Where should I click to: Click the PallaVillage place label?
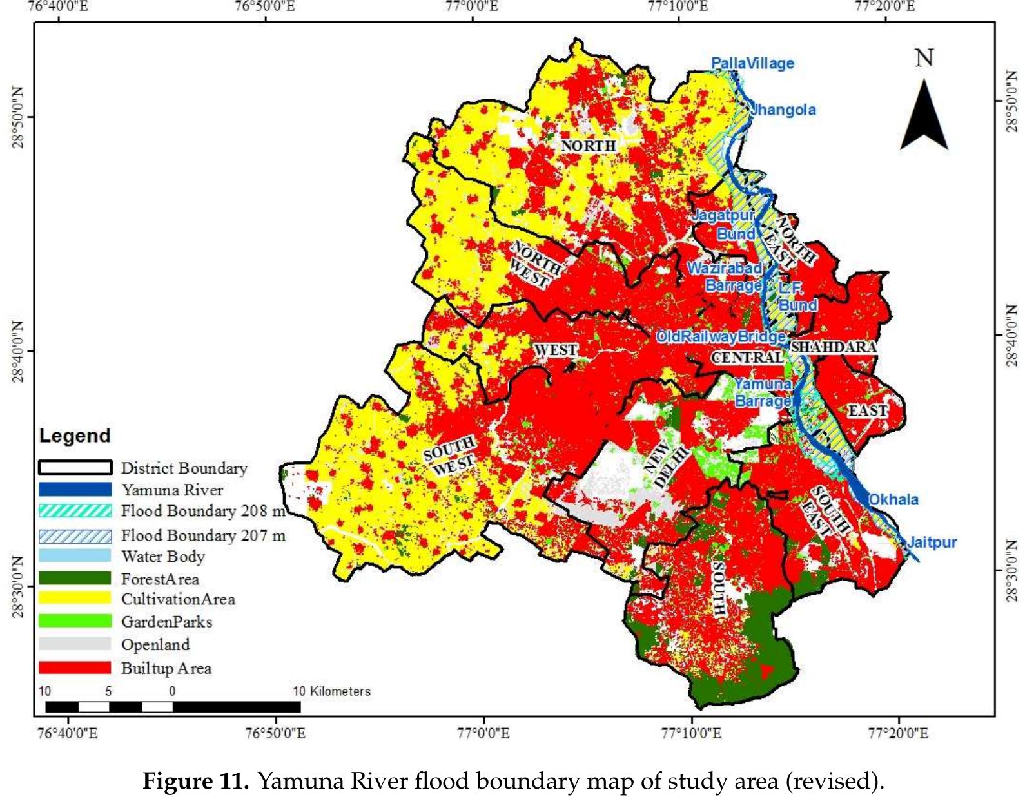pyautogui.click(x=752, y=63)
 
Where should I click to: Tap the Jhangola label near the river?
pyautogui.click(x=783, y=110)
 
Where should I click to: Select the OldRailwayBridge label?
pyautogui.click(x=720, y=336)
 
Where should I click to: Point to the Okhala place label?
pyautogui.click(x=893, y=499)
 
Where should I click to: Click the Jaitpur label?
pyautogui.click(x=932, y=542)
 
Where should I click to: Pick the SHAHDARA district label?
pyautogui.click(x=834, y=347)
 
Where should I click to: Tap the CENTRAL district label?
pyautogui.click(x=747, y=357)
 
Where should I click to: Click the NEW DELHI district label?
pyautogui.click(x=666, y=465)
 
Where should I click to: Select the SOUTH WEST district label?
pyautogui.click(x=451, y=456)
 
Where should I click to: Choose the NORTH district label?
pyautogui.click(x=588, y=146)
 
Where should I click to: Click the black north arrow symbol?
pyautogui.click(x=924, y=116)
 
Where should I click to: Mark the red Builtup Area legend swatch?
pyautogui.click(x=75, y=667)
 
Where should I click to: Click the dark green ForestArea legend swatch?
pyautogui.click(x=75, y=578)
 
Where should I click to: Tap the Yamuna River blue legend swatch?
pyautogui.click(x=75, y=490)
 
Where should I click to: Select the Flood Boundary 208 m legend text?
pyautogui.click(x=203, y=511)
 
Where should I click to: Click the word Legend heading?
pyautogui.click(x=75, y=436)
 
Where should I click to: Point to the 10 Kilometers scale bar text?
pyautogui.click(x=331, y=691)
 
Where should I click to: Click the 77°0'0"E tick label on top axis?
pyautogui.click(x=473, y=6)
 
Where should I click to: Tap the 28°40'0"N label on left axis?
pyautogui.click(x=18, y=352)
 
